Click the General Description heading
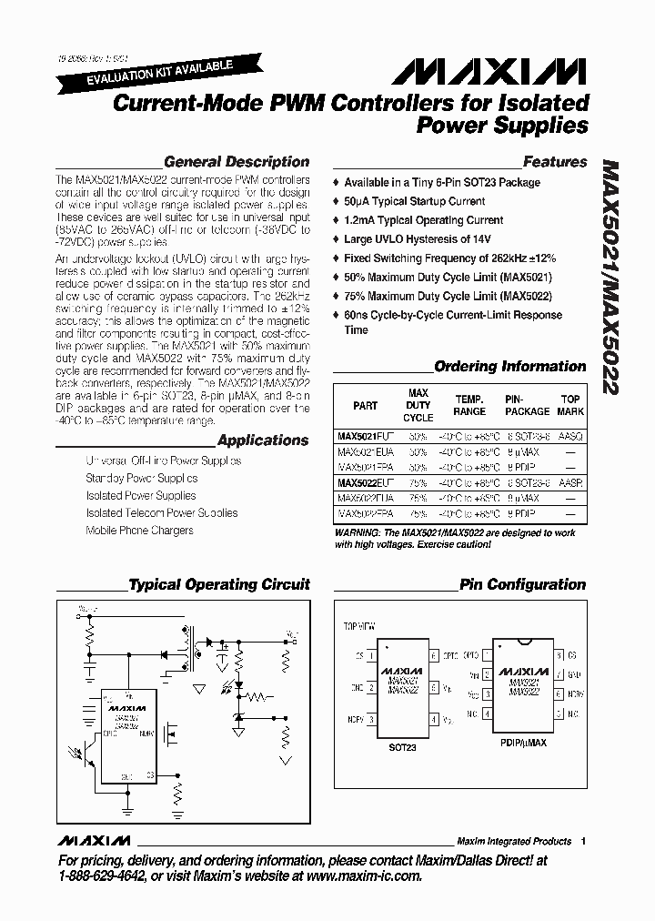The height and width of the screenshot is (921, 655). [237, 162]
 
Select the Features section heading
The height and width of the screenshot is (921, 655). [554, 162]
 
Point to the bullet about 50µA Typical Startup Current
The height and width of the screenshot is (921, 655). [414, 201]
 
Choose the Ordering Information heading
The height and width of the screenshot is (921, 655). [509, 366]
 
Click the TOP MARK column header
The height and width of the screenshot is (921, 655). [570, 405]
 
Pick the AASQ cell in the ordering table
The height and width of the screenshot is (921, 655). [570, 437]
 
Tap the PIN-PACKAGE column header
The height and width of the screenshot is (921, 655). [527, 405]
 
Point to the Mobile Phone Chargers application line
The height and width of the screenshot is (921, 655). [139, 530]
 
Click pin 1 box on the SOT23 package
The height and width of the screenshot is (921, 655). [371, 655]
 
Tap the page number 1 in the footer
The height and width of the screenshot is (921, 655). [583, 841]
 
